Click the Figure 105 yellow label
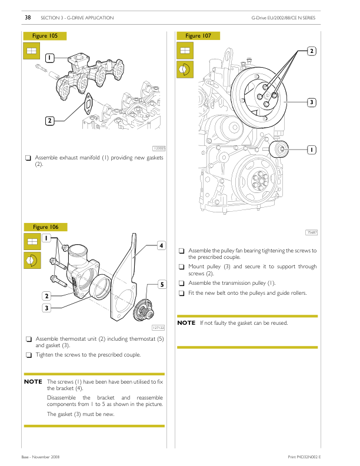[45, 36]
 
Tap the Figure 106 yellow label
[45, 227]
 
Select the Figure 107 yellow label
[198, 36]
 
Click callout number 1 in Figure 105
[50, 58]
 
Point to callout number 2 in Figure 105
[50, 121]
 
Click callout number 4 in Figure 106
[160, 245]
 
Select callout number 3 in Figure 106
[46, 307]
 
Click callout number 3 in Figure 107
[311, 103]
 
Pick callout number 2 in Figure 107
[311, 51]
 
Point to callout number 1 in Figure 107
[311, 150]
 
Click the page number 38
[27, 18]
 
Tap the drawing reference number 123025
[159, 148]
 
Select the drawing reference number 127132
[158, 328]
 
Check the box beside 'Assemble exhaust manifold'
[28, 158]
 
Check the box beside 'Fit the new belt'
[182, 293]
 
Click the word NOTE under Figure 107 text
[186, 323]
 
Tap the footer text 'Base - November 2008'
[41, 457]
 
